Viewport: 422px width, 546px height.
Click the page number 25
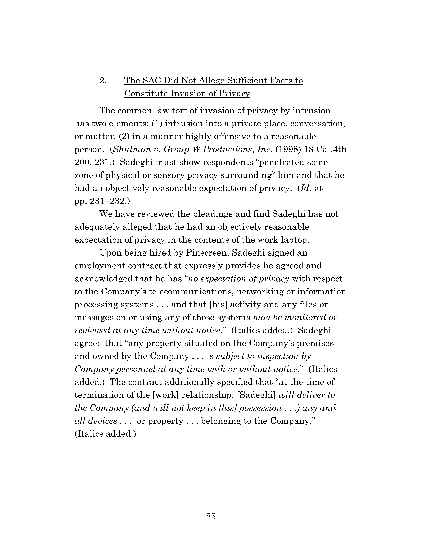coord(211,516)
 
